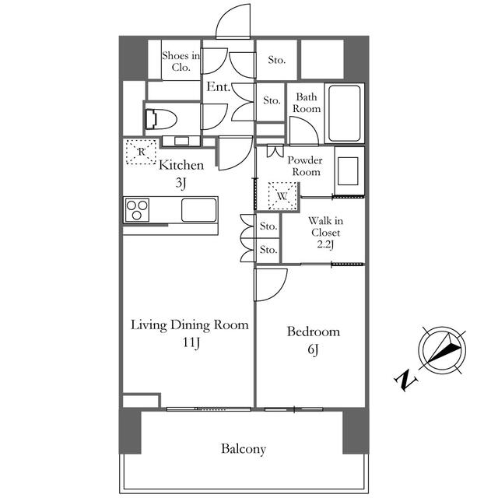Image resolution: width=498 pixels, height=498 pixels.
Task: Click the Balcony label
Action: tap(244, 449)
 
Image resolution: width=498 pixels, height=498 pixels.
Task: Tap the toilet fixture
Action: tap(161, 119)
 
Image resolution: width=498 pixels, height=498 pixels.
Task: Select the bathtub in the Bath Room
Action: tap(344, 113)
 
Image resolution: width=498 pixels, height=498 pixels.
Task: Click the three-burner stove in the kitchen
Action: tap(137, 210)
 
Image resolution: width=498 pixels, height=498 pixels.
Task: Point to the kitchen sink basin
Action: tap(199, 210)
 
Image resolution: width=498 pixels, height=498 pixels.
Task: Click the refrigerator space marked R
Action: tap(142, 152)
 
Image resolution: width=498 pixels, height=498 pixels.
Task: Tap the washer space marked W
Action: tap(282, 195)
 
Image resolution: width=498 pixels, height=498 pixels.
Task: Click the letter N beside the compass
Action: tap(405, 380)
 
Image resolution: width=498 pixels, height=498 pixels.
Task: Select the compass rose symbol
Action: tap(442, 349)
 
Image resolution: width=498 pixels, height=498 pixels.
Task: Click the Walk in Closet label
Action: tap(325, 233)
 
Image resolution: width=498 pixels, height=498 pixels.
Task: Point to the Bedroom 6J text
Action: tap(313, 340)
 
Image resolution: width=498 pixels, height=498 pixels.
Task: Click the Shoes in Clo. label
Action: tap(181, 61)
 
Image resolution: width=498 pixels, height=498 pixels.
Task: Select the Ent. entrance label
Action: tap(218, 86)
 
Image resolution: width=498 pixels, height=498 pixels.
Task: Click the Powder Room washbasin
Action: tap(349, 171)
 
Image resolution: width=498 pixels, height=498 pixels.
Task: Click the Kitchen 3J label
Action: tap(181, 174)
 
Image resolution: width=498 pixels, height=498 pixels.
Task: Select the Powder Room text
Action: tap(304, 166)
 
